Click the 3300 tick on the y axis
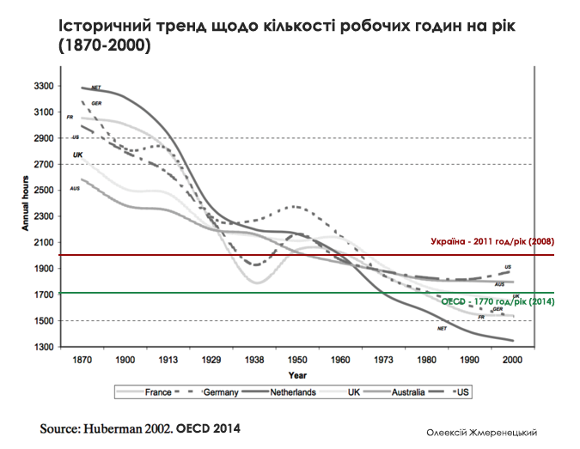coord(43,86)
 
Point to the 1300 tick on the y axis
coord(43,347)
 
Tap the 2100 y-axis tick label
coord(43,242)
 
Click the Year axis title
coord(298,374)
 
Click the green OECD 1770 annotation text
coord(497,302)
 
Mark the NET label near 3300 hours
coord(95,88)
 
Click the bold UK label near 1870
coord(78,155)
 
